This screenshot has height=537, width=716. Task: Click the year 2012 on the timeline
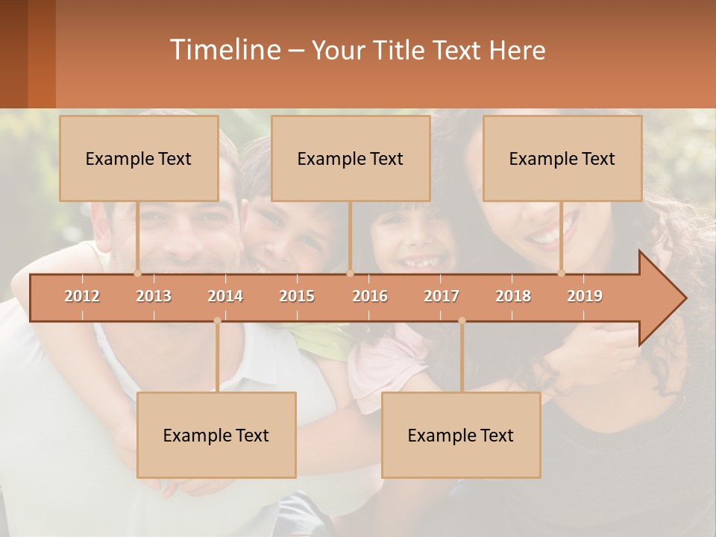coord(82,296)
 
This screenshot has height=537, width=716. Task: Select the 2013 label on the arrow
coord(154,296)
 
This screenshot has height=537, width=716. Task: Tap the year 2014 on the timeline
coord(225,296)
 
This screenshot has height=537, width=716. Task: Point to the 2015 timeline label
coord(297,296)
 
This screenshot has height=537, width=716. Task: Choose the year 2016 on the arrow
coord(370,296)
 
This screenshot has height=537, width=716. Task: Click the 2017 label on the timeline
coord(442,296)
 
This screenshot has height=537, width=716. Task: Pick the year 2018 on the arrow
coord(513,296)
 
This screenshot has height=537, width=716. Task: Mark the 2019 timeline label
coord(585,296)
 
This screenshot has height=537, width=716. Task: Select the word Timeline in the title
coord(224,50)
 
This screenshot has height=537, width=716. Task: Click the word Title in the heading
coord(403,50)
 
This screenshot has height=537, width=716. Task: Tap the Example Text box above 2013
coord(139,158)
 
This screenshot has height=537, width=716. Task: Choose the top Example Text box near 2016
coord(351,158)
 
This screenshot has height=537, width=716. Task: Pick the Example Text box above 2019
coord(562,158)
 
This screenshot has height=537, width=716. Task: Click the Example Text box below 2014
coord(216,435)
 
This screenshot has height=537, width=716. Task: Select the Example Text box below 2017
coord(461,435)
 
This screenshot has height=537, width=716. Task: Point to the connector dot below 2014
coord(217,321)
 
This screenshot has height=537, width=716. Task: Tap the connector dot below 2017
coord(462,321)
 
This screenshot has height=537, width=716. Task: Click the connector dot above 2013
coord(137,273)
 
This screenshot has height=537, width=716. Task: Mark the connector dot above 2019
coord(561,273)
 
